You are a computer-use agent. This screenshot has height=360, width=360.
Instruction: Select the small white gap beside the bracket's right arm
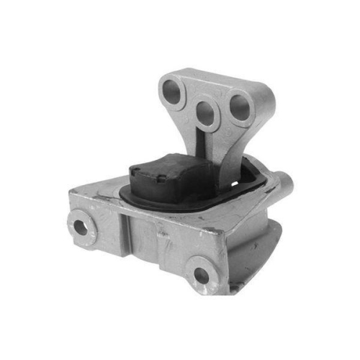coord(251,161)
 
